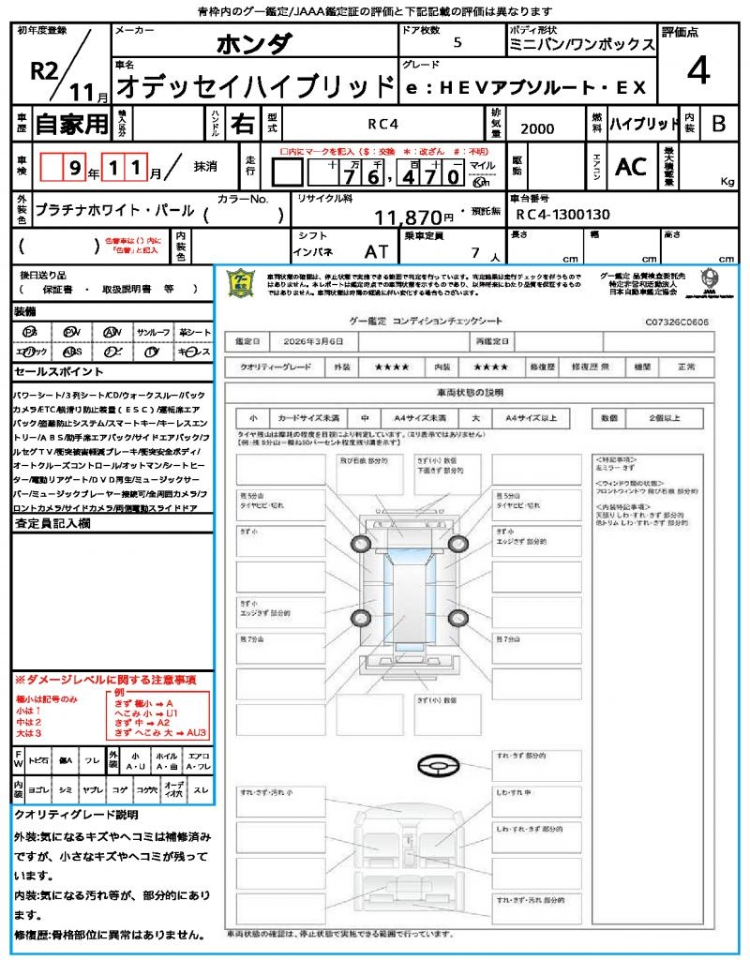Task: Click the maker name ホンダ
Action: point(254,44)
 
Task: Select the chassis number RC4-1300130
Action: point(562,215)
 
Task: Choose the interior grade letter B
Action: point(718,123)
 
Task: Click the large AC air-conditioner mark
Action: point(631,167)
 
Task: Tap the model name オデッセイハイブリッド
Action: point(255,85)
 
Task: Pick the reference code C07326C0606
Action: point(677,322)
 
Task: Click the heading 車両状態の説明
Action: point(470,392)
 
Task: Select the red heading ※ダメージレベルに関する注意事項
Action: point(105,680)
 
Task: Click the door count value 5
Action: point(457,42)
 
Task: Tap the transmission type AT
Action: point(376,252)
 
